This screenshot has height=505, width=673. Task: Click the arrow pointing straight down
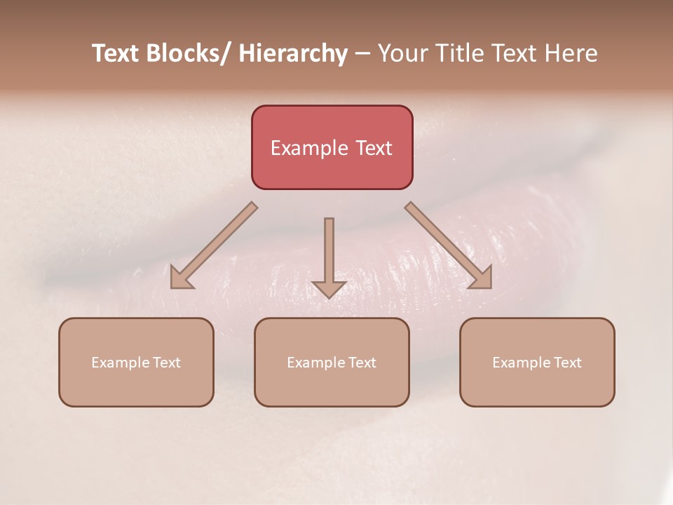click(x=329, y=256)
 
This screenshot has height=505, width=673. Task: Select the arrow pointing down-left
click(x=214, y=245)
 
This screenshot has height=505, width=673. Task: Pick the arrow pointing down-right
click(x=449, y=245)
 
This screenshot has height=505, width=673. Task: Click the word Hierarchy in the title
click(x=293, y=53)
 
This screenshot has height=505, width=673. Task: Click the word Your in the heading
click(x=400, y=53)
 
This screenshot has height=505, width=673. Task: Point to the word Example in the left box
click(x=121, y=363)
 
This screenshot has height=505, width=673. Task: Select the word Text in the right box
click(x=567, y=363)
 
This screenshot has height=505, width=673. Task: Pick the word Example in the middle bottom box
click(x=316, y=363)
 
